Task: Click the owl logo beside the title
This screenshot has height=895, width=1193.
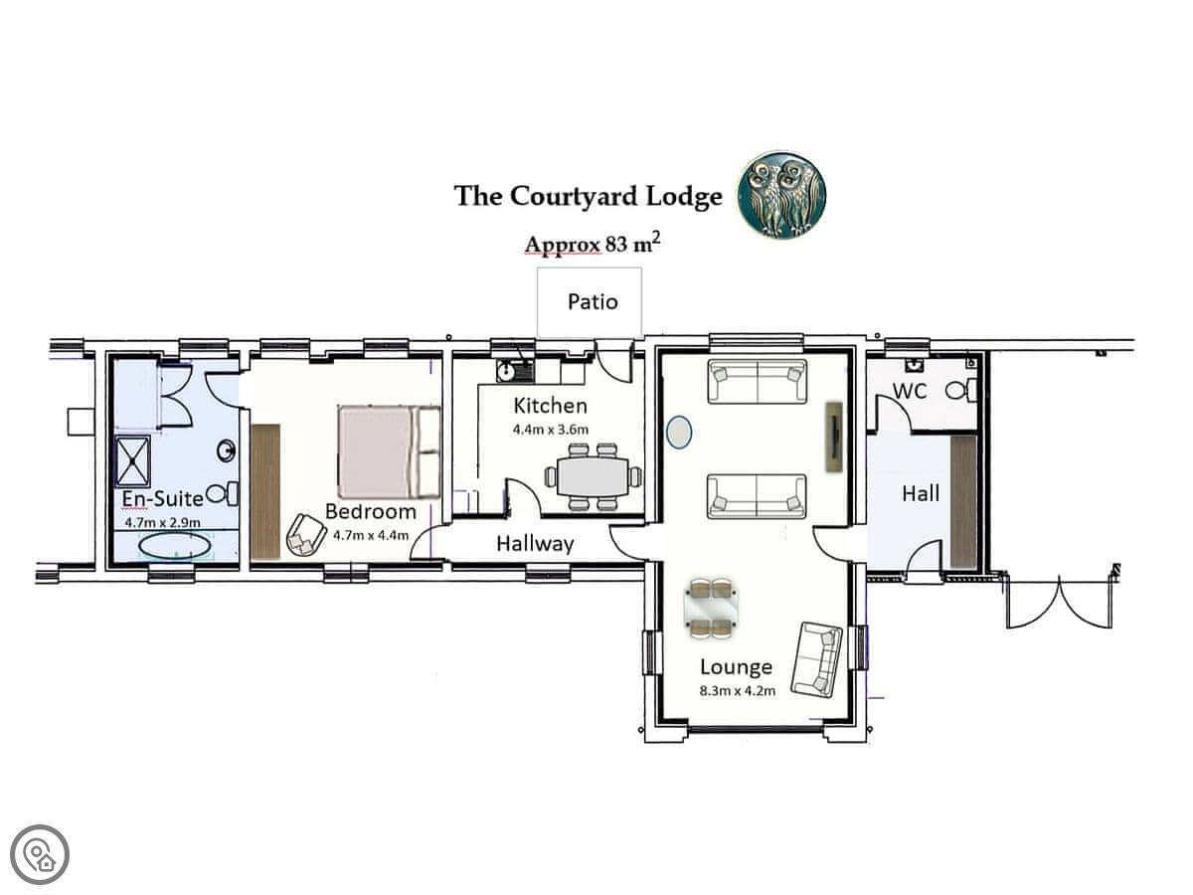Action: [x=781, y=196]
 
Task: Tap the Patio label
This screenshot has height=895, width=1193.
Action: [x=593, y=301]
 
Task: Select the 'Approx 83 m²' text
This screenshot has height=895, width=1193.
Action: [x=593, y=243]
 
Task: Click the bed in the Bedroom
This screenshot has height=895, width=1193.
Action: [x=389, y=451]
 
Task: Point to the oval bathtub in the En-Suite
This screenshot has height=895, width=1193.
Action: [x=174, y=546]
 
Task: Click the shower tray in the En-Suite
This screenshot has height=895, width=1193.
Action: [x=132, y=460]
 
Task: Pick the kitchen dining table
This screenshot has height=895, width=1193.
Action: [x=593, y=476]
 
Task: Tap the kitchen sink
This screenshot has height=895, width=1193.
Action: [x=515, y=371]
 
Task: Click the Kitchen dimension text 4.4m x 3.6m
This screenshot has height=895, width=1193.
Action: [x=551, y=430]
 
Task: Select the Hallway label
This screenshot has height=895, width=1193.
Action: [x=535, y=544]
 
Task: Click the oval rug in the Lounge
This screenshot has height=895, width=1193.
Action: [x=679, y=432]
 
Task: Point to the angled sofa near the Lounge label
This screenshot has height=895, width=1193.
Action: [x=816, y=659]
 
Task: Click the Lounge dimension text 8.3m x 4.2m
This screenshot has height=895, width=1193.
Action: [x=737, y=691]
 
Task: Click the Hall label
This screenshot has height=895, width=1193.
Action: [x=921, y=493]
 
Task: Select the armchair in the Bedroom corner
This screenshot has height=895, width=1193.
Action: [x=306, y=535]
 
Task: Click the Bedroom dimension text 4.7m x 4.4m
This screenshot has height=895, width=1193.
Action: [x=371, y=535]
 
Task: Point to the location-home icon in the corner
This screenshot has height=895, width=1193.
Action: [x=40, y=855]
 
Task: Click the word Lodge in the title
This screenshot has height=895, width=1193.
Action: [x=684, y=197]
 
